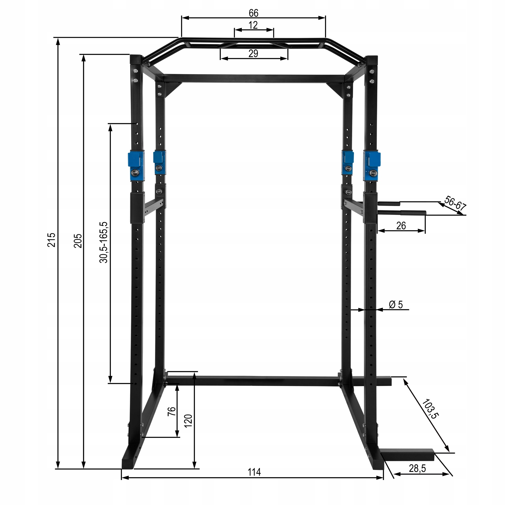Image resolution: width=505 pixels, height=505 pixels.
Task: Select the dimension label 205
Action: coord(78,240)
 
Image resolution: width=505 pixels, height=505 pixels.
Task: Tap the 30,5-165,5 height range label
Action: coord(104,242)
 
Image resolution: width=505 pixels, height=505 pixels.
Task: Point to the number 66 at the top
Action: coord(253,13)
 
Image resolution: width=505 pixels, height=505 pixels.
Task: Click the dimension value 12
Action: coord(253,25)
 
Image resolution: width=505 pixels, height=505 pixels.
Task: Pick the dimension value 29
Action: coord(253,53)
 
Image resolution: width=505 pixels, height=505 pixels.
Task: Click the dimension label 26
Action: coord(401,225)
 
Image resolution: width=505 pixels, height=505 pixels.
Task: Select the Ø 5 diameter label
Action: coord(396,304)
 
